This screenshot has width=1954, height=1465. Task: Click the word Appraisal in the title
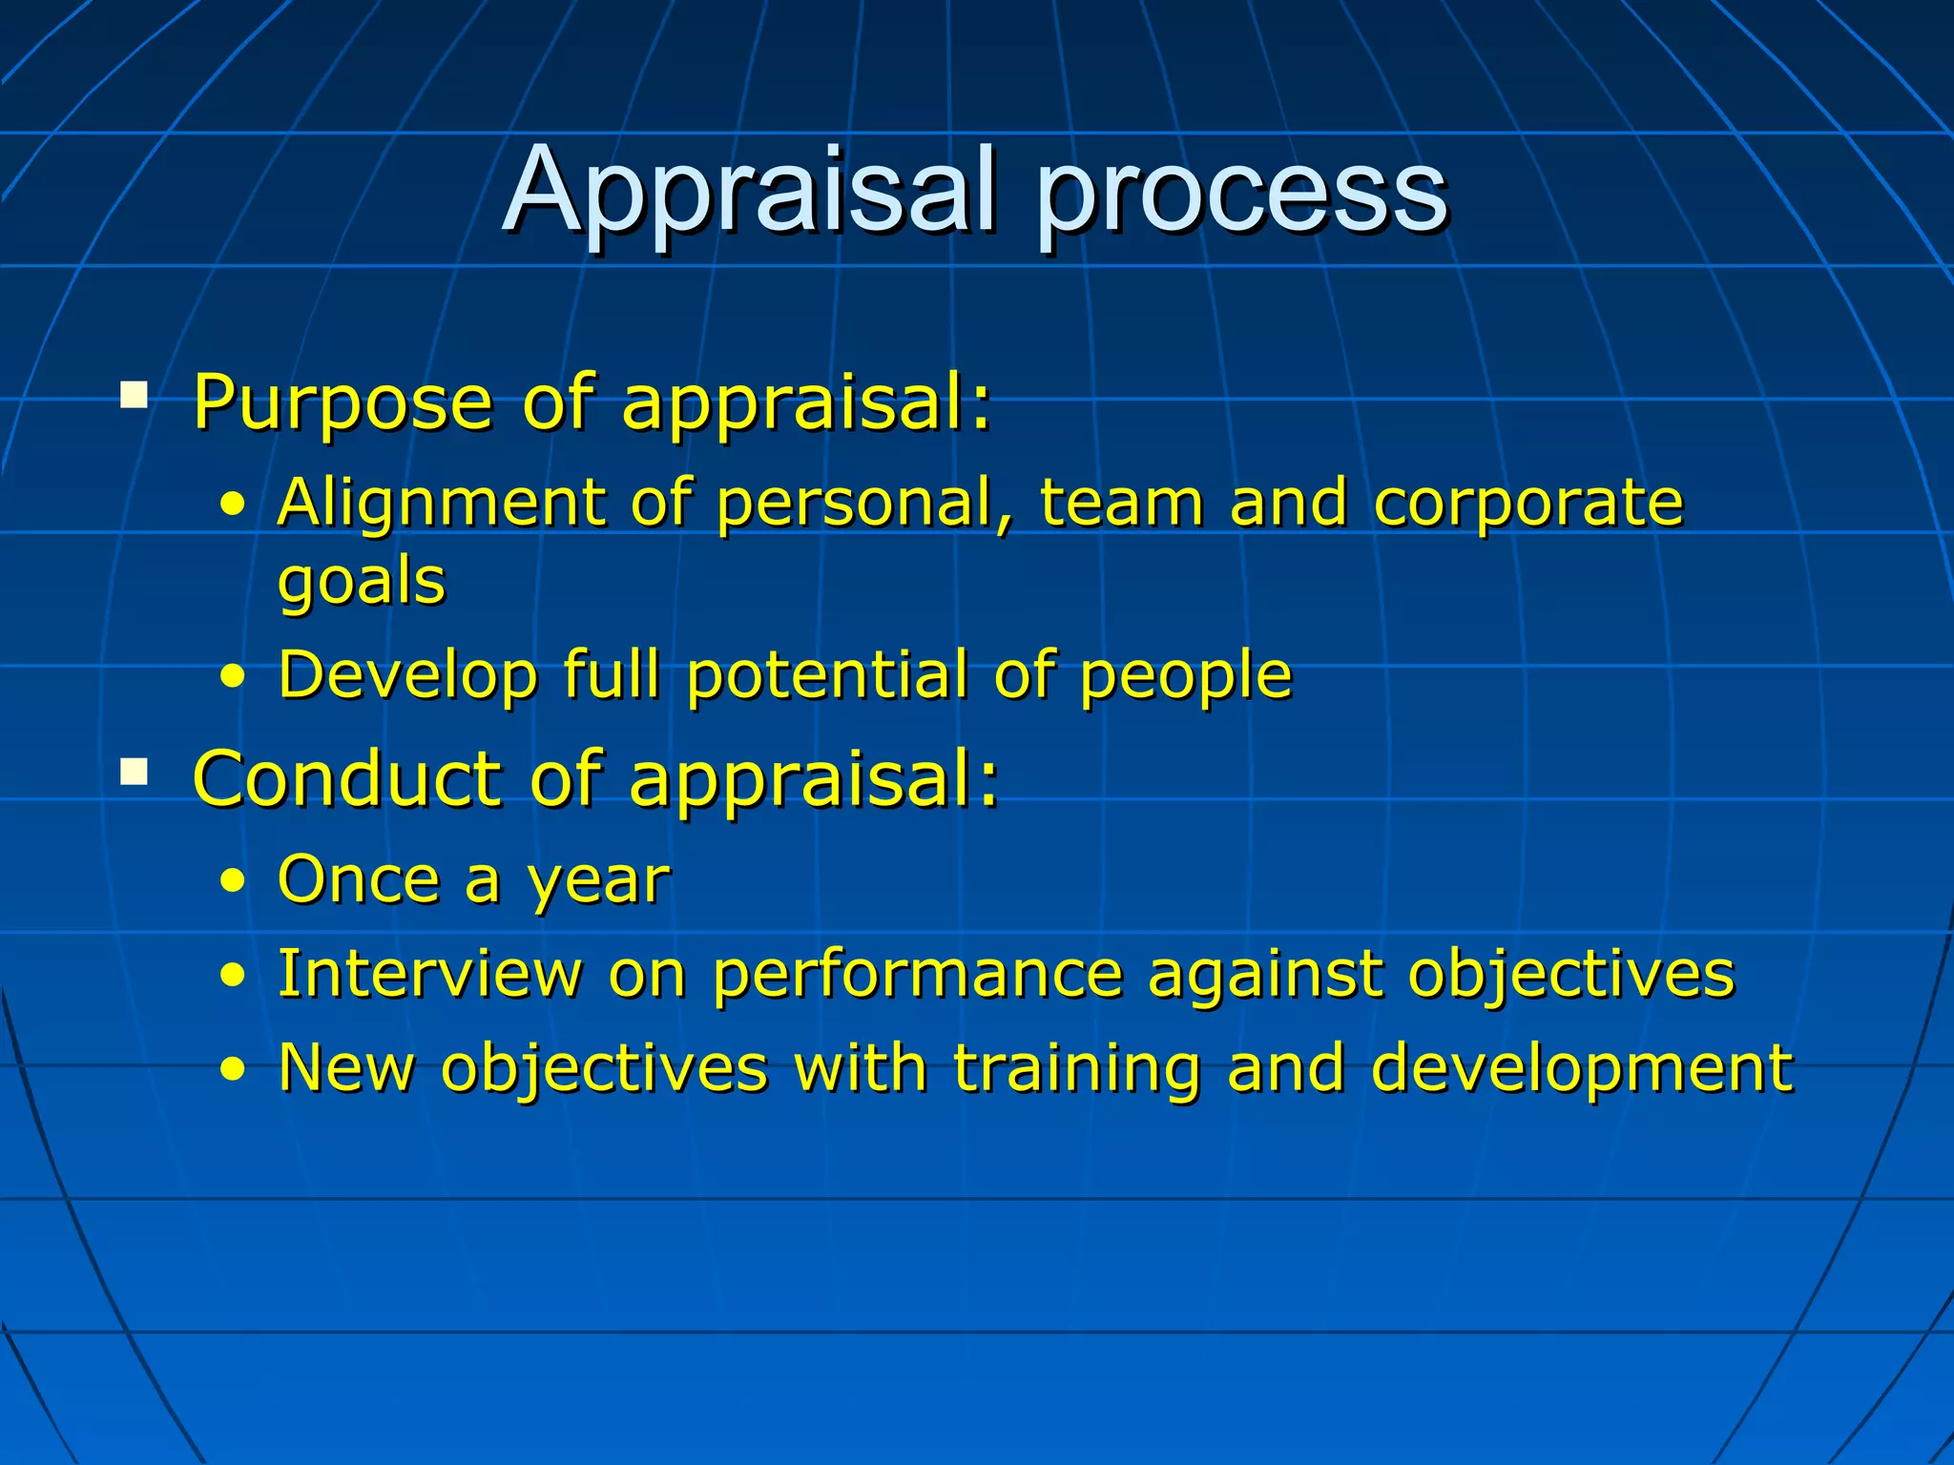751,191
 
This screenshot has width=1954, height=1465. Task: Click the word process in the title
1242,196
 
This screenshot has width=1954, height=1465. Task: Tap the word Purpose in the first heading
343,402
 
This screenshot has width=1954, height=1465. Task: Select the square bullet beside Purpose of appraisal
135,395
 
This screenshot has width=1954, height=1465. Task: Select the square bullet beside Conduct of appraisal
135,771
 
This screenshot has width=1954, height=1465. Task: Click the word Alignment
441,504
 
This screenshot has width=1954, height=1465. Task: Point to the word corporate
1528,506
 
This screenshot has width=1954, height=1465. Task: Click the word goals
362,582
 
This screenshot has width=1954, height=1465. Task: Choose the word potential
827,675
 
